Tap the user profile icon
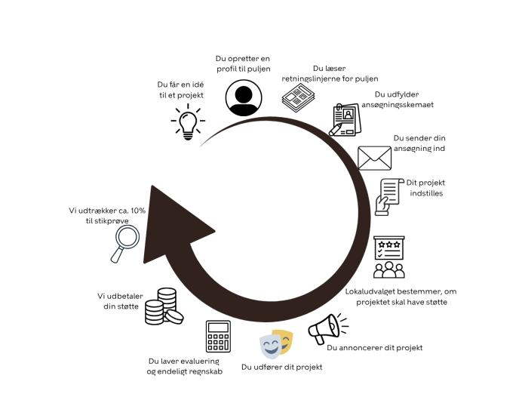(x=242, y=98)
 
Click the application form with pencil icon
(x=345, y=120)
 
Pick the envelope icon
(x=374, y=158)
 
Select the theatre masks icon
(x=276, y=344)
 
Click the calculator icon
(x=218, y=337)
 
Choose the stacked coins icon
(x=163, y=306)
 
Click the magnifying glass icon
(x=125, y=244)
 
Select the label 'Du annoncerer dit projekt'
(x=374, y=348)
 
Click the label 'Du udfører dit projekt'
(x=281, y=367)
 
